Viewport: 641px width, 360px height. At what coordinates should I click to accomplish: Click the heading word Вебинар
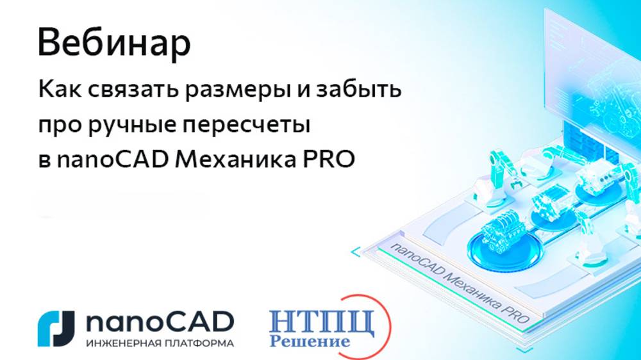[x=114, y=44]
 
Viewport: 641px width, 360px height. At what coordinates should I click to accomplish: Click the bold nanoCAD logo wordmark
[x=159, y=322]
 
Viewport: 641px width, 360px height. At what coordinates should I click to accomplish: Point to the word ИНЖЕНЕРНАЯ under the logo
[x=120, y=343]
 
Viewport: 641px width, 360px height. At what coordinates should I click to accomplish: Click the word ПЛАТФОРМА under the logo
[x=196, y=343]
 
